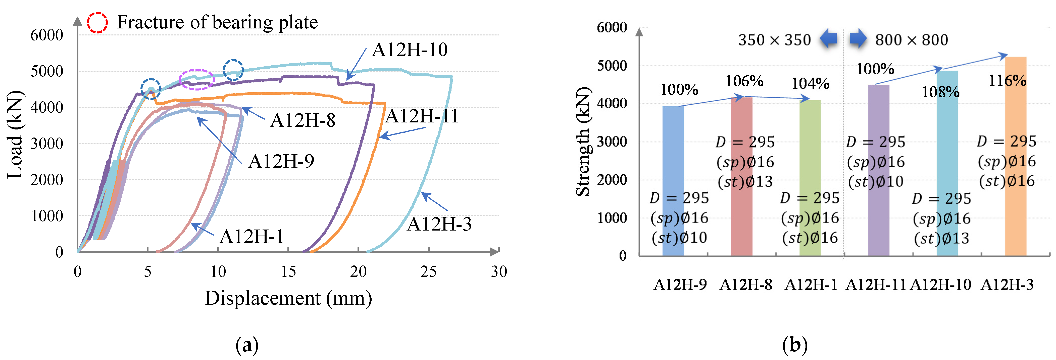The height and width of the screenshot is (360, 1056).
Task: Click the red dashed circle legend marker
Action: click(x=97, y=23)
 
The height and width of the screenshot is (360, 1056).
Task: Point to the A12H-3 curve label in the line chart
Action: click(x=439, y=224)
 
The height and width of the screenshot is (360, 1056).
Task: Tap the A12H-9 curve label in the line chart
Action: click(x=281, y=161)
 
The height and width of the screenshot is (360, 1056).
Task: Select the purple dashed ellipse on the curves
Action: click(x=197, y=79)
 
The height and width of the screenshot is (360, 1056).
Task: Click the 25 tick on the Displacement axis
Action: click(x=428, y=272)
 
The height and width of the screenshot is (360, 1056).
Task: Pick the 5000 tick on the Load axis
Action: click(x=47, y=71)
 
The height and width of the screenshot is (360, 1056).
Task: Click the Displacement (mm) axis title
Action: click(x=288, y=298)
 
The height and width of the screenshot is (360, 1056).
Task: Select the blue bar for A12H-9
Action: click(x=673, y=181)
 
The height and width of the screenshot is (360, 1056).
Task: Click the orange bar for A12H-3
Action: click(x=1015, y=156)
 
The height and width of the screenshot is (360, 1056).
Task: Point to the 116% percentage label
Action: click(x=1007, y=81)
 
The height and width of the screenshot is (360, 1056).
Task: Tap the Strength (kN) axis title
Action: click(x=583, y=142)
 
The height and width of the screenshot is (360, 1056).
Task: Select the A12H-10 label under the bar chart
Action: click(x=940, y=285)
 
